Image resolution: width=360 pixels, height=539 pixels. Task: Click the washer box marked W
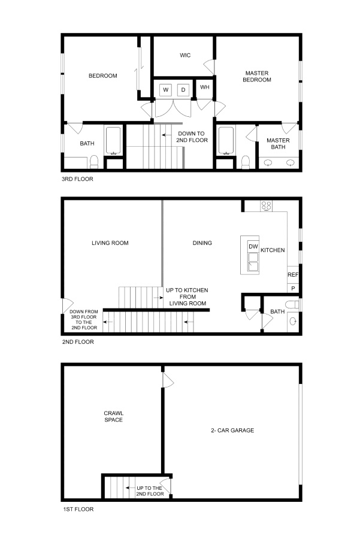point(166,90)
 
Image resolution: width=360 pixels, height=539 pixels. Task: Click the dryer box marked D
point(183,90)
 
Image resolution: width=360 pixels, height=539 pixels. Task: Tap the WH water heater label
point(205,87)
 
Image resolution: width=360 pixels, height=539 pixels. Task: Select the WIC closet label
point(185,55)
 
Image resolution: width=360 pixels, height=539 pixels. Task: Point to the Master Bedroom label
point(257,76)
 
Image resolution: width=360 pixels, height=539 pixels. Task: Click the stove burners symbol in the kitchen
point(266,206)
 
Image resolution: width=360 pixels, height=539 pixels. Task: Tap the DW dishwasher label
point(253,247)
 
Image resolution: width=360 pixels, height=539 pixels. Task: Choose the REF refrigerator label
point(293,275)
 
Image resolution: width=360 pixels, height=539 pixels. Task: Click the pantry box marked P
point(293,288)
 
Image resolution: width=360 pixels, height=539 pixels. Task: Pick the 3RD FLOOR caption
point(77,178)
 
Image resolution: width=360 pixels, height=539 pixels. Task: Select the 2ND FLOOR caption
point(78,342)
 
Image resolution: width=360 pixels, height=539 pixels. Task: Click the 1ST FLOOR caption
point(78,509)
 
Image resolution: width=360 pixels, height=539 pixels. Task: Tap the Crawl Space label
point(113,416)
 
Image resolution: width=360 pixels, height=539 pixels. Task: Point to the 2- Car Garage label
point(232,430)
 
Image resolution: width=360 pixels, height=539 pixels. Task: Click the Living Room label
point(110,243)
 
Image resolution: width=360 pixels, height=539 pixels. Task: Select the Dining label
point(202,243)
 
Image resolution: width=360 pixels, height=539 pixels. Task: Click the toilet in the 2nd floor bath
point(292,305)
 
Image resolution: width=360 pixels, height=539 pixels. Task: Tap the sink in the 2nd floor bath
point(293,321)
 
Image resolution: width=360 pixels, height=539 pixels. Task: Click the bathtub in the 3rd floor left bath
point(113,140)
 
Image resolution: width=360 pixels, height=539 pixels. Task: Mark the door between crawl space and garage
point(168,380)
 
